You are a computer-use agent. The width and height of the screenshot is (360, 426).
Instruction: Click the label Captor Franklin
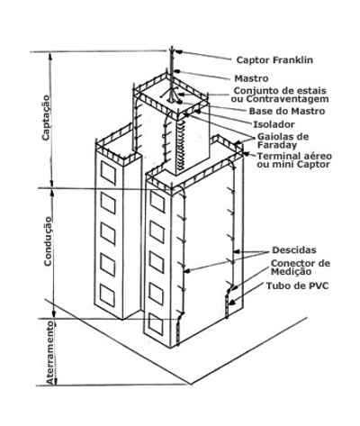point(274,60)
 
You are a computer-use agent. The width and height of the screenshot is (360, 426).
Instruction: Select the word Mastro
point(251,78)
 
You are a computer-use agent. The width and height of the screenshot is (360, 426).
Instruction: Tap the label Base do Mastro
point(287,111)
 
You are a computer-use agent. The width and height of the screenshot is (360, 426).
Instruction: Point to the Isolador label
point(274,124)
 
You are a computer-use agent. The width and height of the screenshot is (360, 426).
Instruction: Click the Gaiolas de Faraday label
point(283,140)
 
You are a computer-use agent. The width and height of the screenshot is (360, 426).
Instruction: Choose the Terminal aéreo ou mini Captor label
point(294,160)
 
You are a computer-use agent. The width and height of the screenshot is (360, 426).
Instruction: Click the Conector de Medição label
point(301,267)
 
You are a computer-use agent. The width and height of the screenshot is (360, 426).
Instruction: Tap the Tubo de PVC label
point(297,286)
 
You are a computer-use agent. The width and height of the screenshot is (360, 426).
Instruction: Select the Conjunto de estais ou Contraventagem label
point(281,95)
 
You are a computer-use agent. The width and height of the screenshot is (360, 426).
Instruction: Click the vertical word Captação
point(46,117)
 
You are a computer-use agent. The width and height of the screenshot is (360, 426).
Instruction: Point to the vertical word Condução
point(48,240)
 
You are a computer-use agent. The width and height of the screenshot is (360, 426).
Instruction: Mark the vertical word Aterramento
point(51,353)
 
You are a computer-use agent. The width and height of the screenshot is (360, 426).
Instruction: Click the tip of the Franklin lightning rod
point(171,47)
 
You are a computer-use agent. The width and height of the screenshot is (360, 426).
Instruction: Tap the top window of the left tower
point(108,173)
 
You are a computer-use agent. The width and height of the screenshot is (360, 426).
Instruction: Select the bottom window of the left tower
point(107,295)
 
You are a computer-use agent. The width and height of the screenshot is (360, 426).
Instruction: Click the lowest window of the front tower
point(156,324)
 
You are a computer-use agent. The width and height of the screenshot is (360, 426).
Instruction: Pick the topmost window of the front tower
point(157,202)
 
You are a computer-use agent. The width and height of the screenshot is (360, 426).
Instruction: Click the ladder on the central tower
point(182,146)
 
